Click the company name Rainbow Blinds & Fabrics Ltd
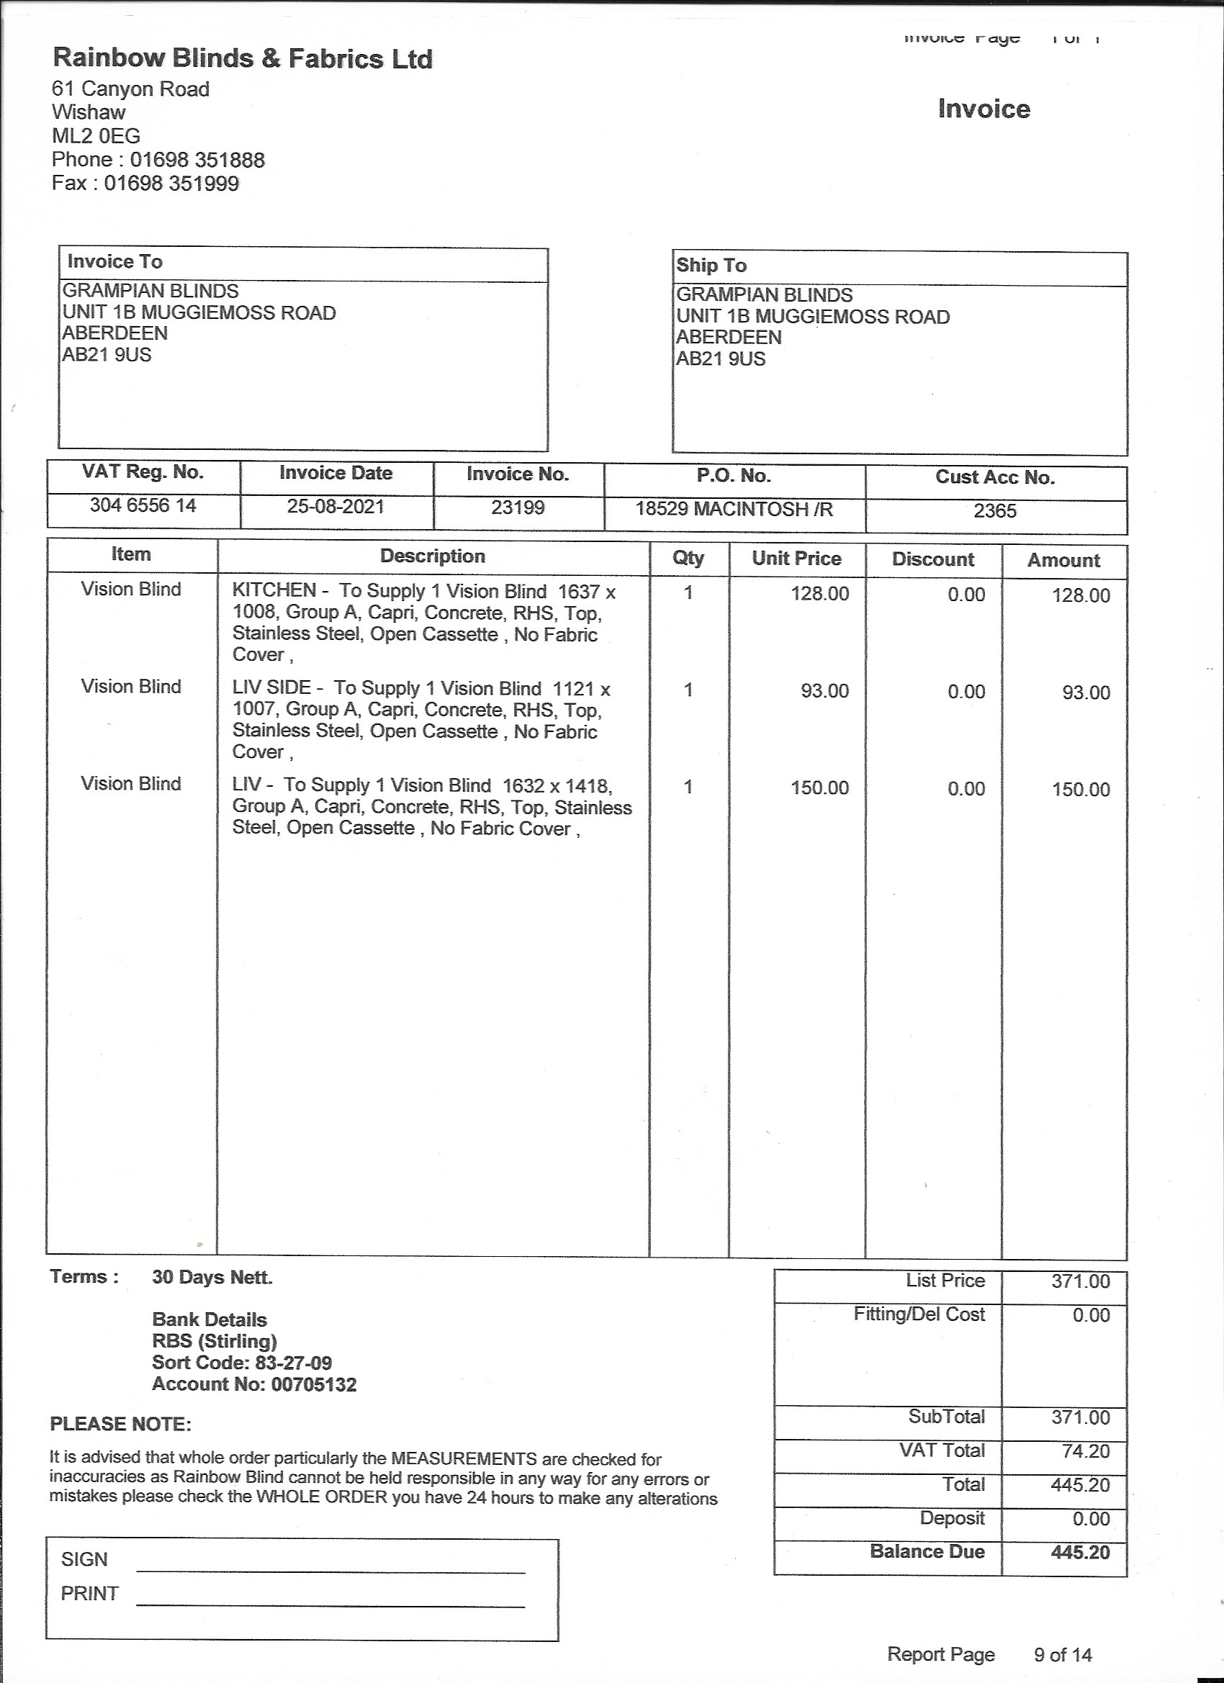[242, 58]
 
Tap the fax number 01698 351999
[171, 184]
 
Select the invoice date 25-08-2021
[336, 507]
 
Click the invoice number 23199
[518, 507]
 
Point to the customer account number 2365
[994, 510]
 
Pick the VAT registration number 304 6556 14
[143, 505]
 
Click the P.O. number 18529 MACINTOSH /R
[734, 509]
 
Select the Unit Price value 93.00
[824, 691]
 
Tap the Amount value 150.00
[1080, 789]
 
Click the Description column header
[433, 556]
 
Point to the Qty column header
[688, 558]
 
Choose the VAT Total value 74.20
[1085, 1450]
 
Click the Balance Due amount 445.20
[1080, 1552]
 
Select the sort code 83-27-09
[293, 1363]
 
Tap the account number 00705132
[314, 1384]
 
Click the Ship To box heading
[711, 265]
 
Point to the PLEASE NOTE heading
[120, 1424]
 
